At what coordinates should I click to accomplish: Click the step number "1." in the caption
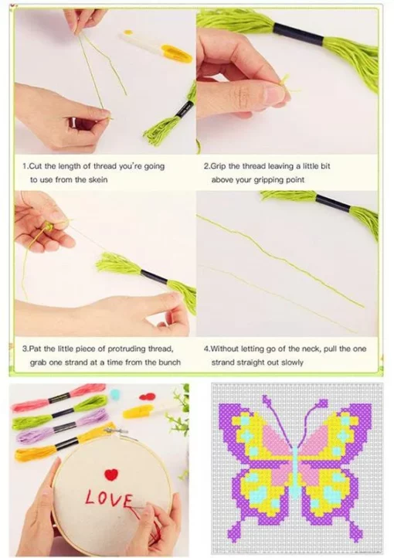point(25,166)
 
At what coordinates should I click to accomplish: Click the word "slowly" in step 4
point(292,362)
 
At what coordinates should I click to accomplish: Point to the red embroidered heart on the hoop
point(111,475)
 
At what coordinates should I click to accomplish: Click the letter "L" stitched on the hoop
point(91,497)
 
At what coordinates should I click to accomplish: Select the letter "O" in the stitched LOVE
point(104,498)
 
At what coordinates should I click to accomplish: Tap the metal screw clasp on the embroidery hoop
point(116,431)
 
